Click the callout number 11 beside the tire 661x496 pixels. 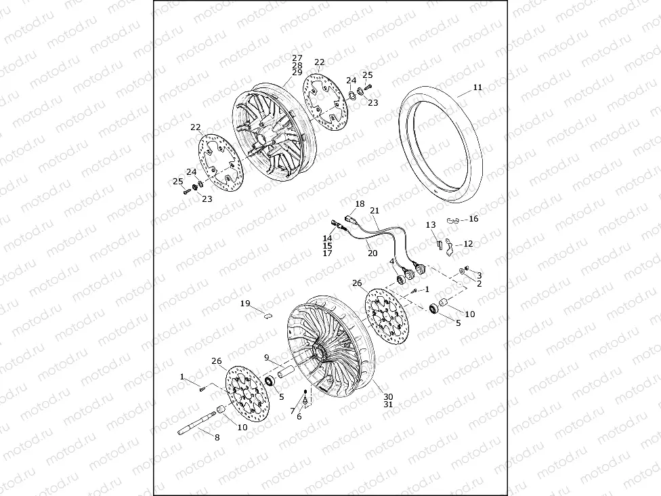tap(478, 87)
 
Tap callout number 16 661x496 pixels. tap(473, 219)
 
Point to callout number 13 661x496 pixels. tap(431, 225)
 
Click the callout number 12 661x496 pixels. tap(468, 244)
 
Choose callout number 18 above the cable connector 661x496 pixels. tap(360, 204)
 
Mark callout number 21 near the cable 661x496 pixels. tap(375, 211)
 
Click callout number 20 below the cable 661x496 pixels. tap(372, 253)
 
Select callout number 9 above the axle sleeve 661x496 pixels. tap(267, 357)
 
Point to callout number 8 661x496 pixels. tap(217, 438)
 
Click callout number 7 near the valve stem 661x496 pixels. tap(292, 411)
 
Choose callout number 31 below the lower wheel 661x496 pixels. tap(388, 405)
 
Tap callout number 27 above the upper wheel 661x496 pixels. tap(297, 58)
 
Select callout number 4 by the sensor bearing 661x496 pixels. tap(391, 262)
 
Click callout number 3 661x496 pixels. tap(479, 276)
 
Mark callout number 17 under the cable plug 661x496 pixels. tap(328, 253)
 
